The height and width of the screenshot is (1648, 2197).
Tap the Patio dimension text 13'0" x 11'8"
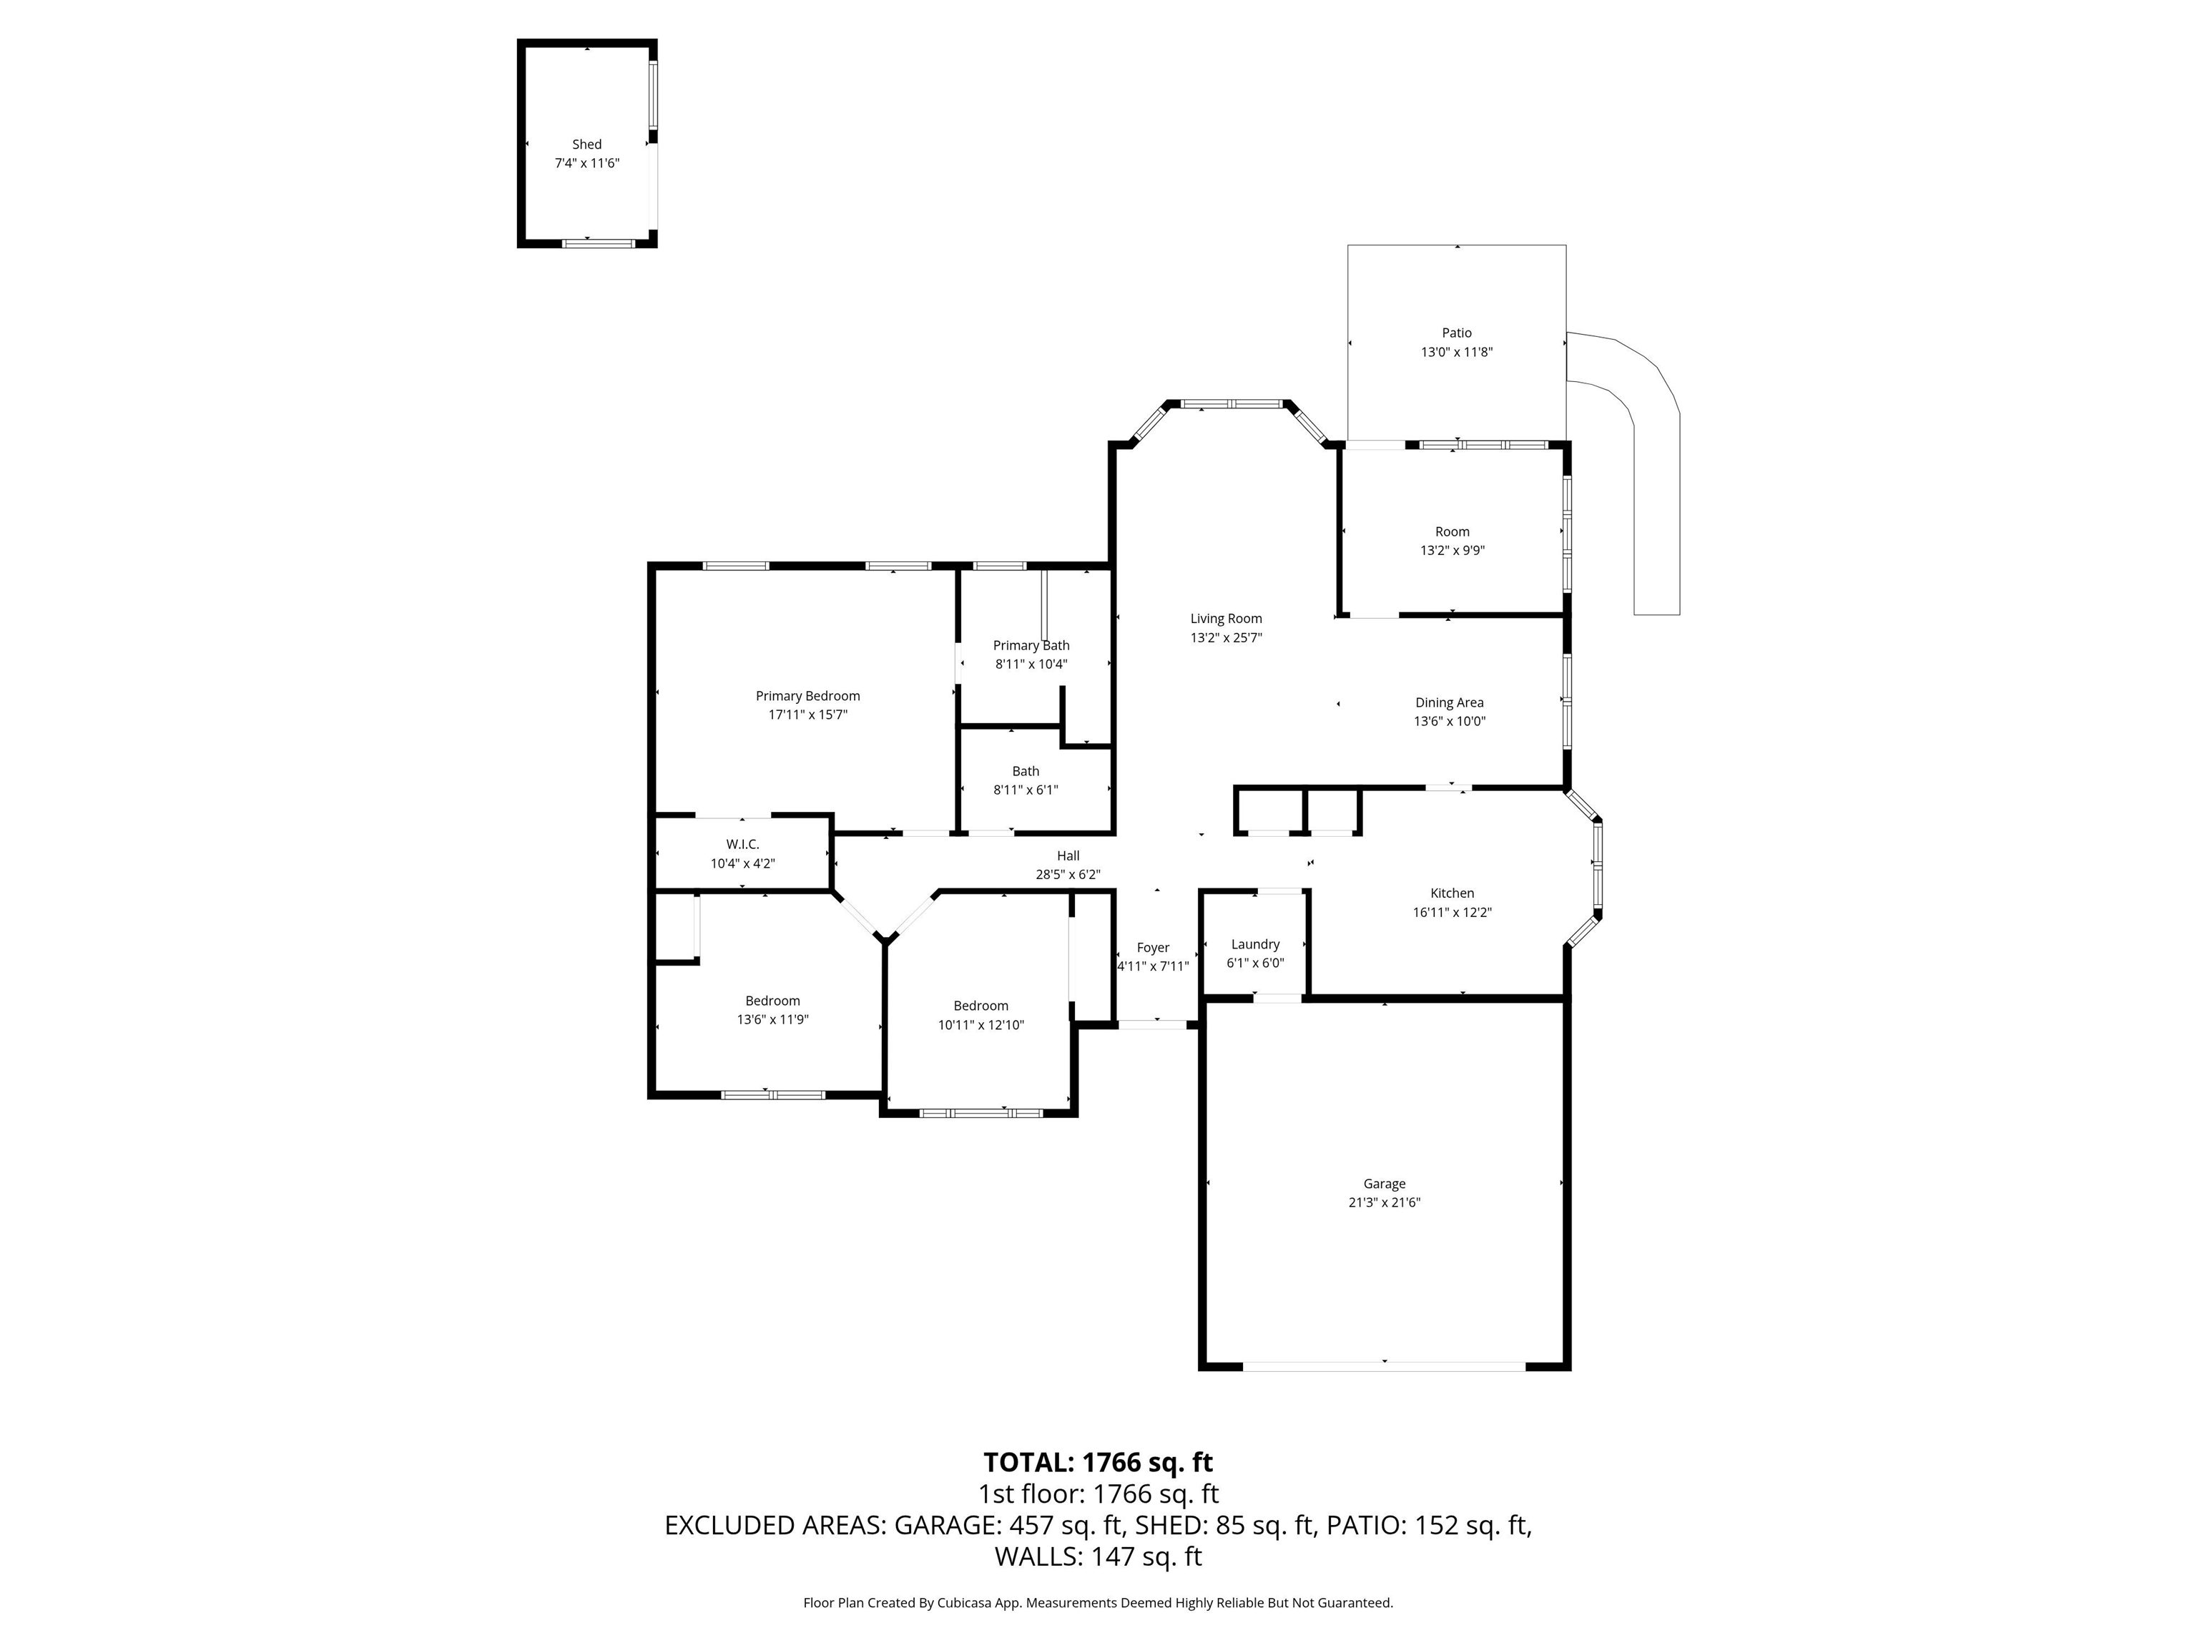click(1457, 352)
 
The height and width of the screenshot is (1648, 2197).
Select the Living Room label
click(1227, 619)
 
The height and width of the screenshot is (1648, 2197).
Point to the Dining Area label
click(1450, 703)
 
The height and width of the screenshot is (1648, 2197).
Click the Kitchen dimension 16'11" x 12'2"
click(1452, 912)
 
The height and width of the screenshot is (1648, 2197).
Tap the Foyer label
click(1153, 948)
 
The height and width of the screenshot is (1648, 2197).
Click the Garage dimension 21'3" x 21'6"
click(1385, 1202)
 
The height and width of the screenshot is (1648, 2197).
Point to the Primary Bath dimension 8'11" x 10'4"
click(1031, 664)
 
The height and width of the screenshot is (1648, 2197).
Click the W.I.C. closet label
click(743, 844)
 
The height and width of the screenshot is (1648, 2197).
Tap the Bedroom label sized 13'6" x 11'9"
click(772, 1001)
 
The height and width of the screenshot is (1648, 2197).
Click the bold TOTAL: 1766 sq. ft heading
click(1098, 1462)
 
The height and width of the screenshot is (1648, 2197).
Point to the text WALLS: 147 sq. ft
click(1098, 1556)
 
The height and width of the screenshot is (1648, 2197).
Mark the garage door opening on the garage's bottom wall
click(1385, 1367)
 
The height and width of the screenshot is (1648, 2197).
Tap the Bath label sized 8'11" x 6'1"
click(1026, 771)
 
